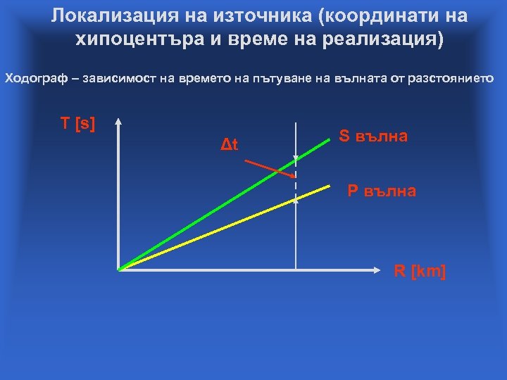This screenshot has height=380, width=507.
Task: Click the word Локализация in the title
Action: click(x=111, y=15)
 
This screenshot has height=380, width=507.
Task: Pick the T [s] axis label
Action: click(x=77, y=124)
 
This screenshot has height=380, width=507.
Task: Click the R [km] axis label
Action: click(x=419, y=272)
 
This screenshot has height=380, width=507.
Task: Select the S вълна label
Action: click(x=373, y=136)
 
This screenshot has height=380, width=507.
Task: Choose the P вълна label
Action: click(x=381, y=191)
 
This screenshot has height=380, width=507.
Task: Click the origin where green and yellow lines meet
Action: click(x=120, y=269)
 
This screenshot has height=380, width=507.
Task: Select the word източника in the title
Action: click(x=253, y=15)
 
